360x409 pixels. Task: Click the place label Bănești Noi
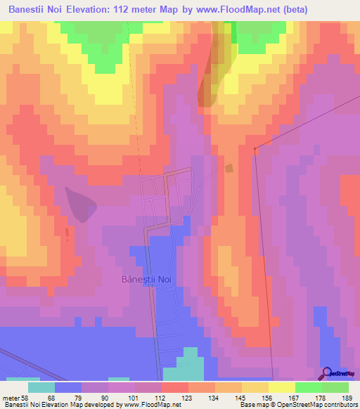146,279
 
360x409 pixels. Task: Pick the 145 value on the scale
241,397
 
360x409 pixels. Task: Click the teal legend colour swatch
41,387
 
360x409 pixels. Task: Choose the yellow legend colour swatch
281,387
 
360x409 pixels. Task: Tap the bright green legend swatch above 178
308,387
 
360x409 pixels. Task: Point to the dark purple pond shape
82,204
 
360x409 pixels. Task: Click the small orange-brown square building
229,168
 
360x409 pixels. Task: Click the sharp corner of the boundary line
255,148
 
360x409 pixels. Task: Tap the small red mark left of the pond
67,233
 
